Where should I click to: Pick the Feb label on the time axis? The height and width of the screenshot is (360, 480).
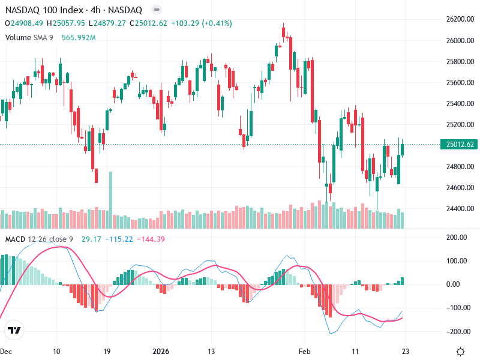pos(305,351)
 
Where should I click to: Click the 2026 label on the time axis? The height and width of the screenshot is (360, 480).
pos(161,351)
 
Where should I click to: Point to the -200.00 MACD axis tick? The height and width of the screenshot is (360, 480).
pos(457,331)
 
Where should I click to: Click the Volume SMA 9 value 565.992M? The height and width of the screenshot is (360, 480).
pos(79,37)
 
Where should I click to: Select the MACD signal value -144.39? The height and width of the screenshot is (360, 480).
pos(151,239)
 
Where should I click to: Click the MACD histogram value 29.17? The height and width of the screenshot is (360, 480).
pos(91,239)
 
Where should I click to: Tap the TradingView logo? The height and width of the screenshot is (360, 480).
pos(14,330)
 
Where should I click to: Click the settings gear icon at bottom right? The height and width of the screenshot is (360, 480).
pos(460,352)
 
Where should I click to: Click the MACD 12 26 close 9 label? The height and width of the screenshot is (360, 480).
pos(40,239)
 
